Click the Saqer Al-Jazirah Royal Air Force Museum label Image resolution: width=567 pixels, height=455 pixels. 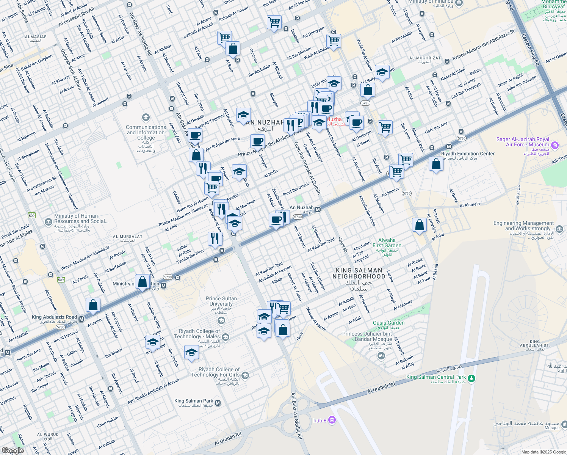pyautogui.click(x=523, y=142)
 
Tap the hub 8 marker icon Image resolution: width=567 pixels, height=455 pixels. pyautogui.click(x=332, y=420)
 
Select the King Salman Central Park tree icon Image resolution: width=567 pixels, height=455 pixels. pyautogui.click(x=471, y=378)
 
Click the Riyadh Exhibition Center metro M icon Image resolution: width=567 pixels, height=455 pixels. pyautogui.click(x=449, y=147)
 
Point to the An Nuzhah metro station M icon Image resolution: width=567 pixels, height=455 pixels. pyautogui.click(x=318, y=210)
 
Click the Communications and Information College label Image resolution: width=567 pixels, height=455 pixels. pyautogui.click(x=146, y=133)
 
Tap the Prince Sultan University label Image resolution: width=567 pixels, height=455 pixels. pyautogui.click(x=221, y=301)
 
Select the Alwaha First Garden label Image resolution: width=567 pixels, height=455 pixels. pyautogui.click(x=387, y=243)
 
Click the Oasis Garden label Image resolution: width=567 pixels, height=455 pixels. pyautogui.click(x=388, y=323)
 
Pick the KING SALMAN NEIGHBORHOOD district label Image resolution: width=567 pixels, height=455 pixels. pyautogui.click(x=359, y=273)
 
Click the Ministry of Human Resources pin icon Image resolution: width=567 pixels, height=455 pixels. pyautogui.click(x=48, y=222)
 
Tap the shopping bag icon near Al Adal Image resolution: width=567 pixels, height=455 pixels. pyautogui.click(x=420, y=225)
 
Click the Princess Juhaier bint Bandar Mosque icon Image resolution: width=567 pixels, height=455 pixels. pyautogui.click(x=381, y=356)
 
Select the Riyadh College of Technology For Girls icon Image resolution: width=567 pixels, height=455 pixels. pyautogui.click(x=245, y=375)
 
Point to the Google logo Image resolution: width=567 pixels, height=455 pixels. pyautogui.click(x=13, y=450)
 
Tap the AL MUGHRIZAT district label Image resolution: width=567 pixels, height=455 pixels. pyautogui.click(x=425, y=58)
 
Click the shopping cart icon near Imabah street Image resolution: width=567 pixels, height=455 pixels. pyautogui.click(x=274, y=22)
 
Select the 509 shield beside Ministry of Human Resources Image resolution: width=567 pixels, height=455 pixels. pyautogui.click(x=31, y=215)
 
